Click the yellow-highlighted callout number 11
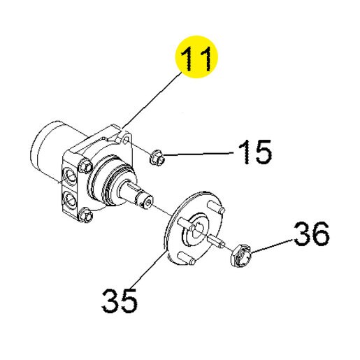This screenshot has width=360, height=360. [x=196, y=58]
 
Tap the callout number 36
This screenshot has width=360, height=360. [x=312, y=233]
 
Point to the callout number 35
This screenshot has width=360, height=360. [x=120, y=301]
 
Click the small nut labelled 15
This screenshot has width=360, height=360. [x=157, y=158]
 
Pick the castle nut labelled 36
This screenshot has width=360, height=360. [x=241, y=255]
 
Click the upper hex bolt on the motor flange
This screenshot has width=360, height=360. [x=84, y=164]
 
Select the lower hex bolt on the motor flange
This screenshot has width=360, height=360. [x=85, y=215]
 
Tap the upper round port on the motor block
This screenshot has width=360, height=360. [x=70, y=175]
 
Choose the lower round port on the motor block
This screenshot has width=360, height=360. [x=70, y=199]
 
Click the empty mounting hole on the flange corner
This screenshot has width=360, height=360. [x=126, y=141]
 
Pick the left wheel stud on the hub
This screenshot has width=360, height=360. [x=183, y=222]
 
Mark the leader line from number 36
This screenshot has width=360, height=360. [x=272, y=245]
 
